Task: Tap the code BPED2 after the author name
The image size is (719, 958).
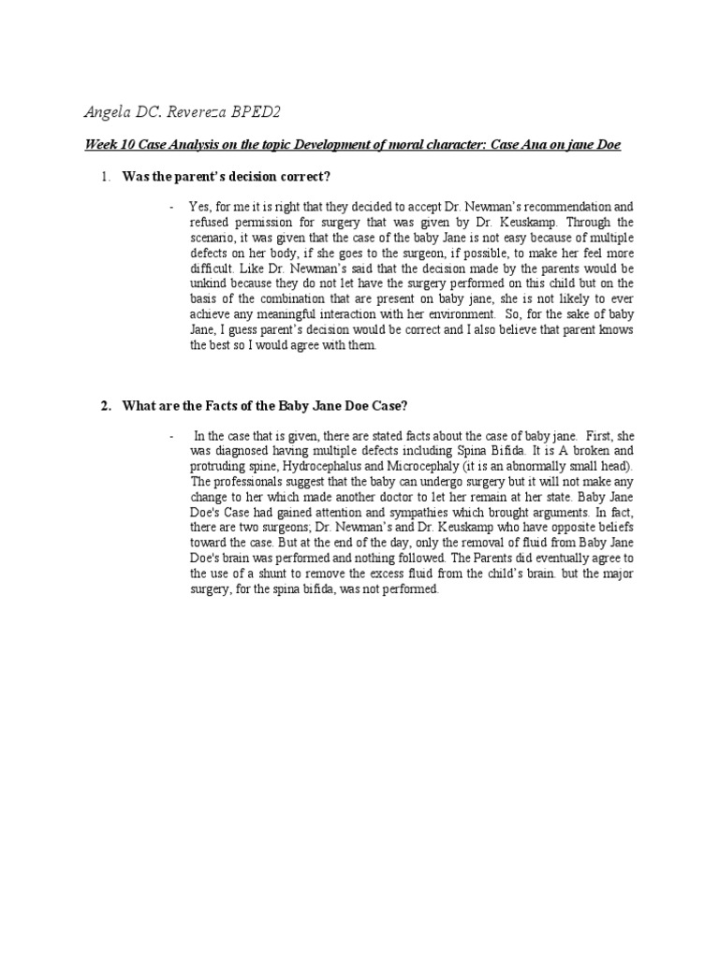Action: (x=257, y=113)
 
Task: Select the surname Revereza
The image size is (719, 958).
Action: (x=198, y=113)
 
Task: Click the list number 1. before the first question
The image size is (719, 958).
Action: (x=107, y=177)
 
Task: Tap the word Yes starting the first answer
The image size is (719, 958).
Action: (x=199, y=206)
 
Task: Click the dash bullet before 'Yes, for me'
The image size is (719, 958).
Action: (x=171, y=206)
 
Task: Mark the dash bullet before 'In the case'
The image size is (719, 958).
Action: (x=171, y=436)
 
